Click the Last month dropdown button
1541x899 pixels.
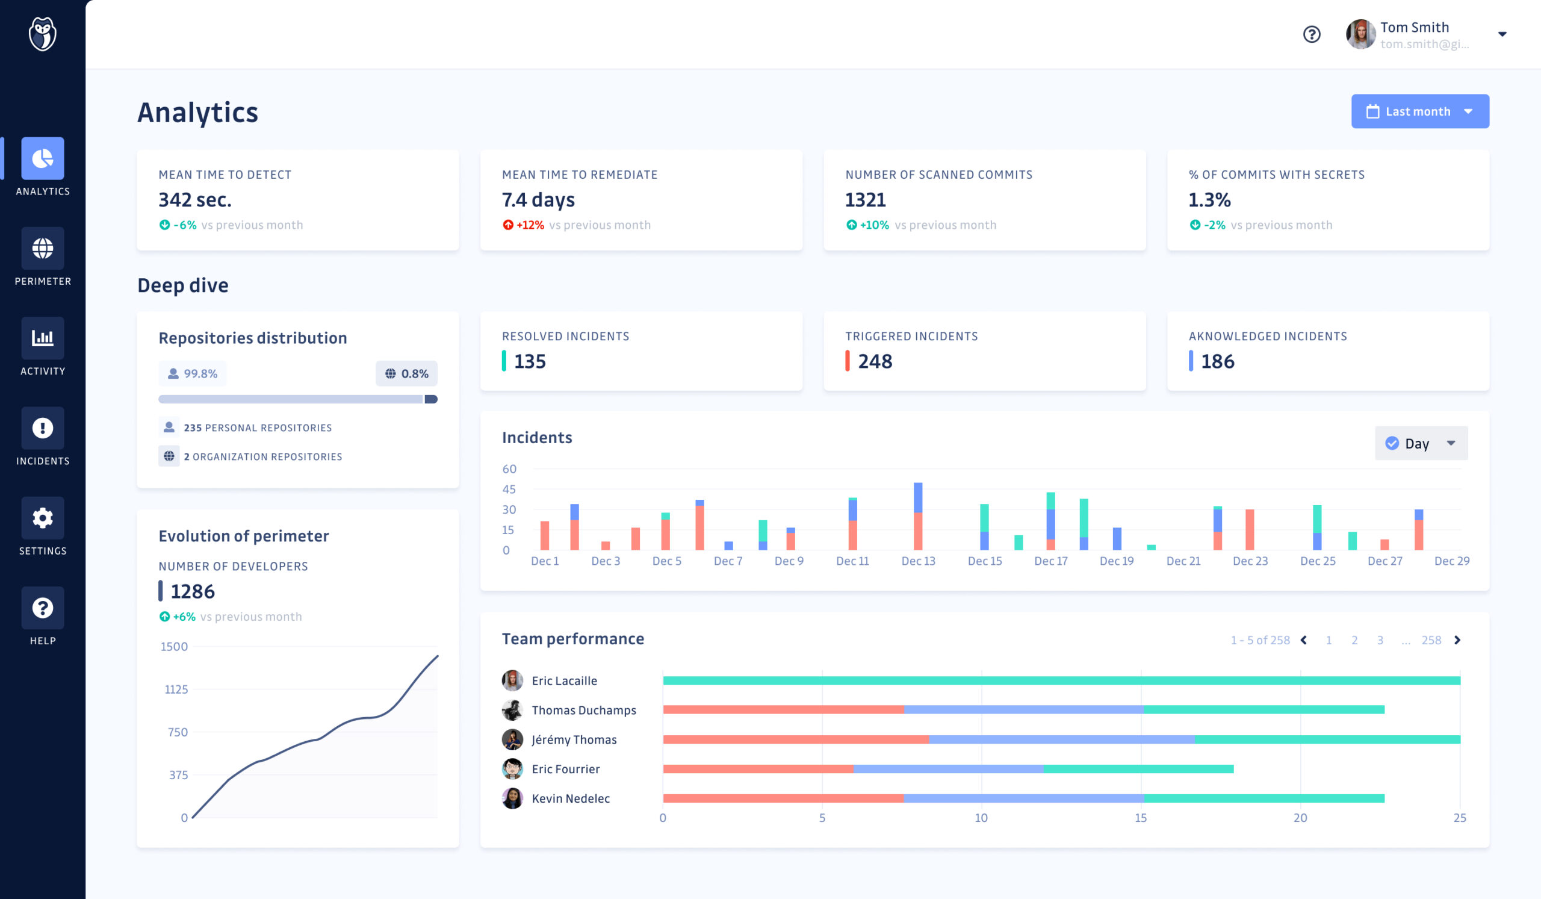click(1419, 111)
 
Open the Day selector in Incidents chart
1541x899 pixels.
click(1421, 443)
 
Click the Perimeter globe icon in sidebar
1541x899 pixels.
click(42, 248)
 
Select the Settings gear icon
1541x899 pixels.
click(42, 518)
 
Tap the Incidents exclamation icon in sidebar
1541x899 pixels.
click(42, 428)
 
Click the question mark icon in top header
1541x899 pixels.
click(1311, 34)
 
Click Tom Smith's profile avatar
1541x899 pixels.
click(1360, 34)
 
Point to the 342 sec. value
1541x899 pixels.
click(194, 200)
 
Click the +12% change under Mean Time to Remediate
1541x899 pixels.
click(530, 225)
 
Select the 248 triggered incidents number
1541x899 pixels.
click(875, 361)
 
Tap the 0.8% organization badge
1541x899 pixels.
click(407, 374)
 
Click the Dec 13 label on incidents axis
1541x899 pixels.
click(918, 561)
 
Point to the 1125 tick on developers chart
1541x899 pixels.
click(176, 689)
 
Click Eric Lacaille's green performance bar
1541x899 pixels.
click(1061, 680)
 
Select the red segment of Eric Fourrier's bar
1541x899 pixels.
click(758, 769)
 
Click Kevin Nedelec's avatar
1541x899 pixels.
click(512, 798)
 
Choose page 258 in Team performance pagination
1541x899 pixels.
click(1431, 640)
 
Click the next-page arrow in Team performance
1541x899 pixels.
click(1457, 640)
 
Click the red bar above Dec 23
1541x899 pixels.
click(1249, 530)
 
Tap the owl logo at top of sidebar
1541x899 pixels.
click(42, 34)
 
